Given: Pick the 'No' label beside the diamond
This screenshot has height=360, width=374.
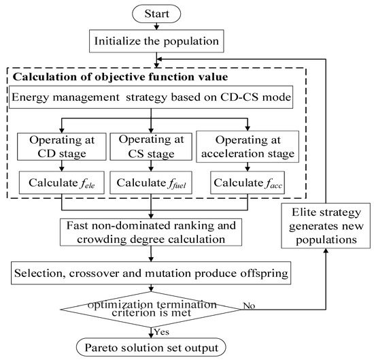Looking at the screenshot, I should tap(249, 307).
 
